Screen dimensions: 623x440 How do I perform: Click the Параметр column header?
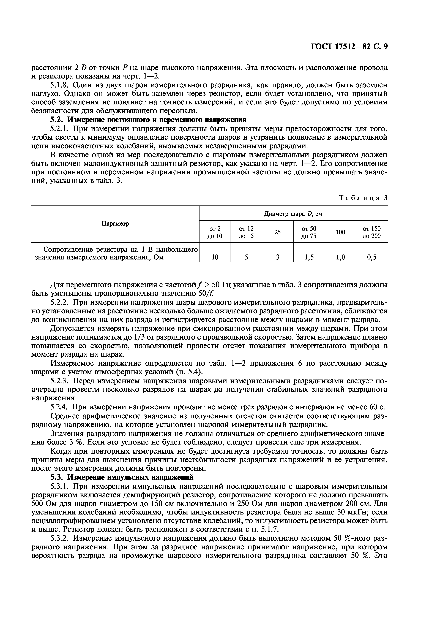tap(115, 224)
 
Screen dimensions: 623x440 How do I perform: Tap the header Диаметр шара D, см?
tap(293, 214)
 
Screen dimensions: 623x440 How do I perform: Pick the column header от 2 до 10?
tap(215, 232)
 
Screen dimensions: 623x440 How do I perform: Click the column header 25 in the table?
tap(277, 232)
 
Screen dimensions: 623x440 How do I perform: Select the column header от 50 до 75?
tap(309, 232)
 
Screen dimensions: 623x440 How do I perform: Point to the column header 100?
tap(340, 232)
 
